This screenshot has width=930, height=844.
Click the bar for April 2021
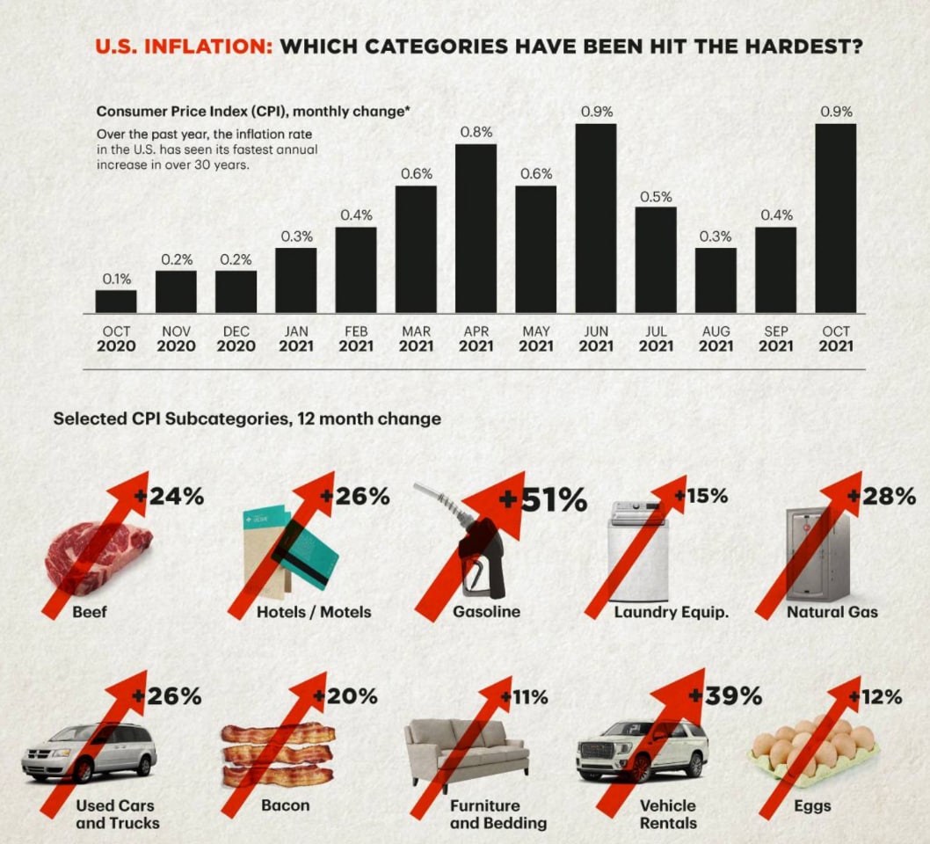(476, 229)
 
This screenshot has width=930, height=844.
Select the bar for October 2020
(116, 302)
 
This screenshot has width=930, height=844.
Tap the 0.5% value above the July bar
(656, 196)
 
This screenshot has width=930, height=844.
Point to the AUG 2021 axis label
(716, 338)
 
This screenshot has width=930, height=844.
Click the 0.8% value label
(476, 133)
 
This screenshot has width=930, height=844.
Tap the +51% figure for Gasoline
(543, 500)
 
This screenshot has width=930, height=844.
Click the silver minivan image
(89, 751)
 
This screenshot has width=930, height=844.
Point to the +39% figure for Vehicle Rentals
(726, 697)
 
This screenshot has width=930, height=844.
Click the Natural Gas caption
(832, 611)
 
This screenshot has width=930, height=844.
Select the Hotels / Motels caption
(314, 611)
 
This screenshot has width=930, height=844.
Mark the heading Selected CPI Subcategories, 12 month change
(247, 418)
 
